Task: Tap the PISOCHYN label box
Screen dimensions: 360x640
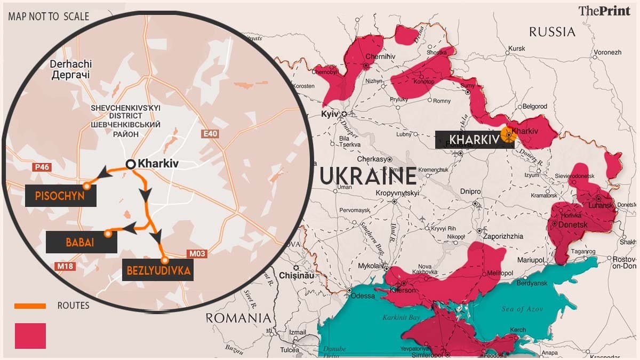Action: pyautogui.click(x=60, y=196)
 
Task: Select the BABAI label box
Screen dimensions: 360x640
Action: pyautogui.click(x=81, y=242)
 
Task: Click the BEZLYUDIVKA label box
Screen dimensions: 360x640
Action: pyautogui.click(x=158, y=271)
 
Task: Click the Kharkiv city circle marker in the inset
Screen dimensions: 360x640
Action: pyautogui.click(x=130, y=164)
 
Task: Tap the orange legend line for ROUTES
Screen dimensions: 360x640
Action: pyautogui.click(x=30, y=306)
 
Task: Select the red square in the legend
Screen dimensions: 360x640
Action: pyautogui.click(x=30, y=335)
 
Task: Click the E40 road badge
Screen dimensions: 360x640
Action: pyautogui.click(x=211, y=134)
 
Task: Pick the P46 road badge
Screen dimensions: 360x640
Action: pyautogui.click(x=40, y=167)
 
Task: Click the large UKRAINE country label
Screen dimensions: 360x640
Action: pyautogui.click(x=367, y=175)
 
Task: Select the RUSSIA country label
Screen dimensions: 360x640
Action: pyautogui.click(x=552, y=32)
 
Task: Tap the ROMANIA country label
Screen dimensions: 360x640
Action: pyautogui.click(x=238, y=318)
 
